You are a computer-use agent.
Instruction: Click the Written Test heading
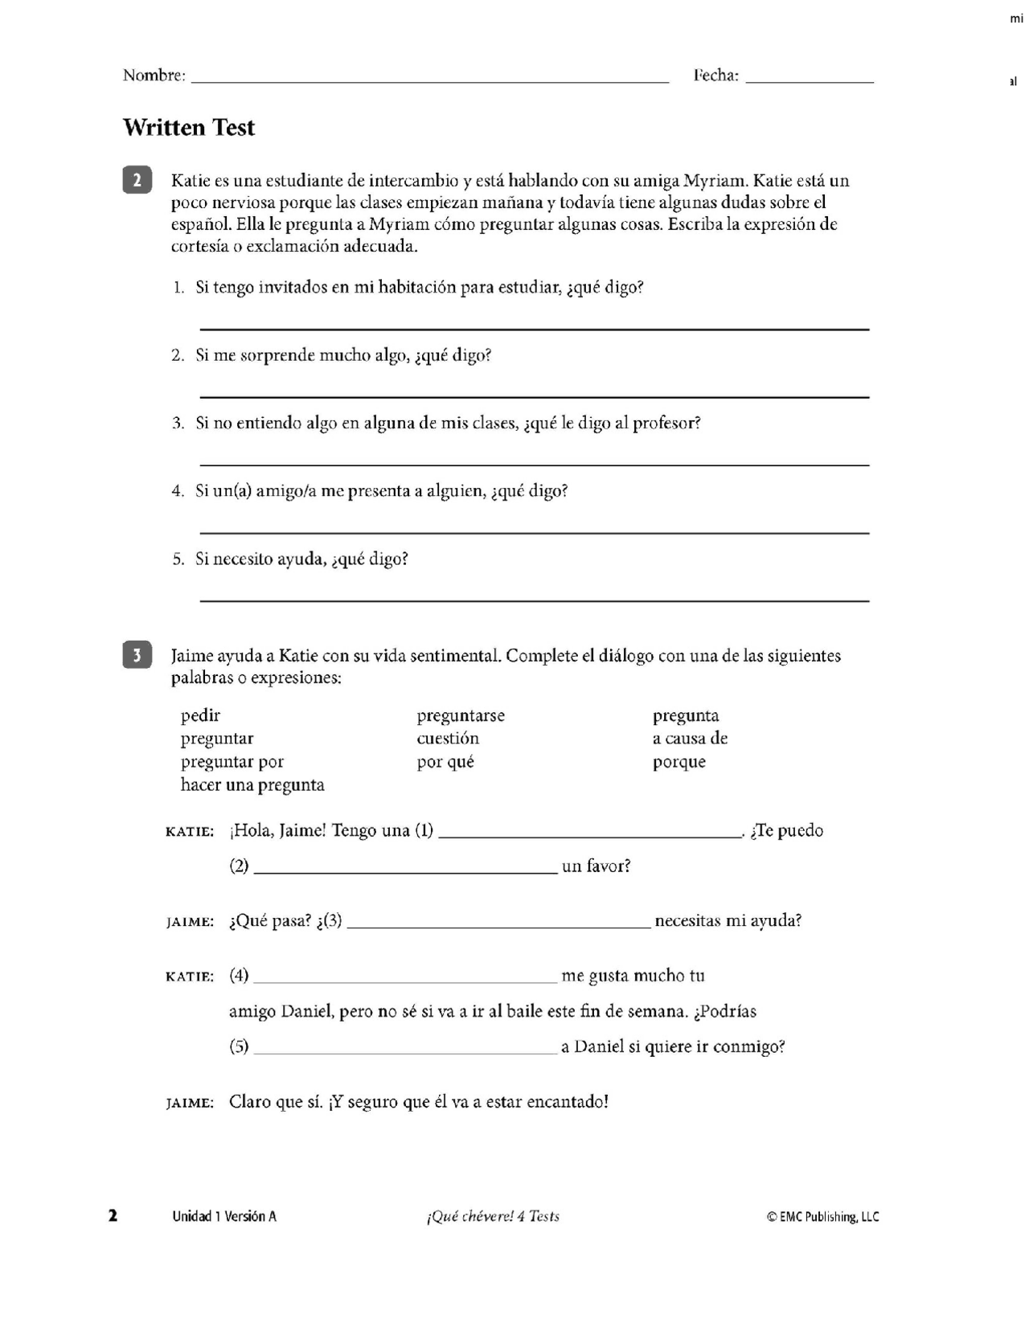189,128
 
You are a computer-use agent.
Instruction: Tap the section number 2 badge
137,180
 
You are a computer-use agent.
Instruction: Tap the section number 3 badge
137,655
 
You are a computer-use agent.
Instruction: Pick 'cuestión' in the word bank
448,739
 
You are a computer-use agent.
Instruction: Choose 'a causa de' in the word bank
690,739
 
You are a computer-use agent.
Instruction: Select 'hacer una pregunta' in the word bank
252,785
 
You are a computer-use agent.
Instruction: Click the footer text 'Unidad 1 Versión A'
224,1216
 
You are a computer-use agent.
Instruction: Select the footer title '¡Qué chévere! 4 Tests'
493,1216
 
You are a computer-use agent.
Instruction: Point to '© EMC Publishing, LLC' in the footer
822,1217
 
